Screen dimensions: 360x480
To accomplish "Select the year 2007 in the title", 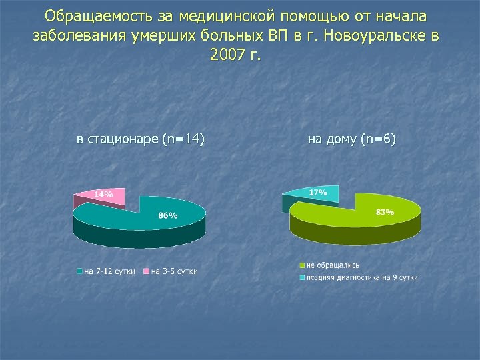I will [226, 55].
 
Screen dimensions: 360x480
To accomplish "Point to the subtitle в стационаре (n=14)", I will [141, 139].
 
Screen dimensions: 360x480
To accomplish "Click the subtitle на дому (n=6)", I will [352, 139].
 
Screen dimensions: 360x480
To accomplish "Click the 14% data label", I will [103, 195].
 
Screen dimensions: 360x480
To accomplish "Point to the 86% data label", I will [167, 215].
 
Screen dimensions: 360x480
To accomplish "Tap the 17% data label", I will [318, 192].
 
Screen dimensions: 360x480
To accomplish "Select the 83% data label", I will [385, 212].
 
